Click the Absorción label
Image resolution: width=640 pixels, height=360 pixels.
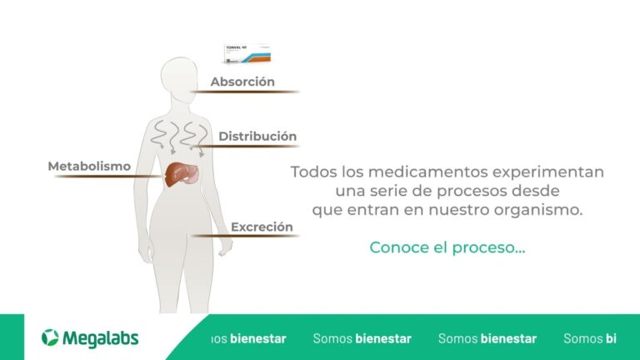click(x=242, y=82)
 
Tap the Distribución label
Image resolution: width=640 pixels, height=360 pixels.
click(x=257, y=136)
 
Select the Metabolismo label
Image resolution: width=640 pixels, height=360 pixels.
click(x=89, y=166)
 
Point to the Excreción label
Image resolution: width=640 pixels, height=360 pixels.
click(x=262, y=226)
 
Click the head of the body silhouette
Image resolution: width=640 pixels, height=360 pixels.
click(x=178, y=77)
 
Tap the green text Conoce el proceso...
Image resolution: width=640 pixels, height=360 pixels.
click(x=447, y=247)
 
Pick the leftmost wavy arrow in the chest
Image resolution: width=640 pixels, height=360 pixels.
click(x=158, y=134)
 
